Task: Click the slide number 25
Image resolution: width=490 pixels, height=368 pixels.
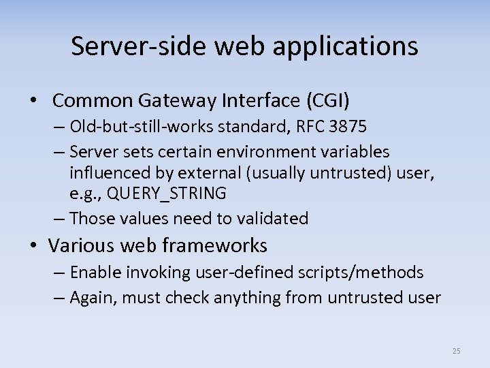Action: coord(456,351)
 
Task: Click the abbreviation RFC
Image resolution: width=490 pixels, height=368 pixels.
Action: coord(318,127)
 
